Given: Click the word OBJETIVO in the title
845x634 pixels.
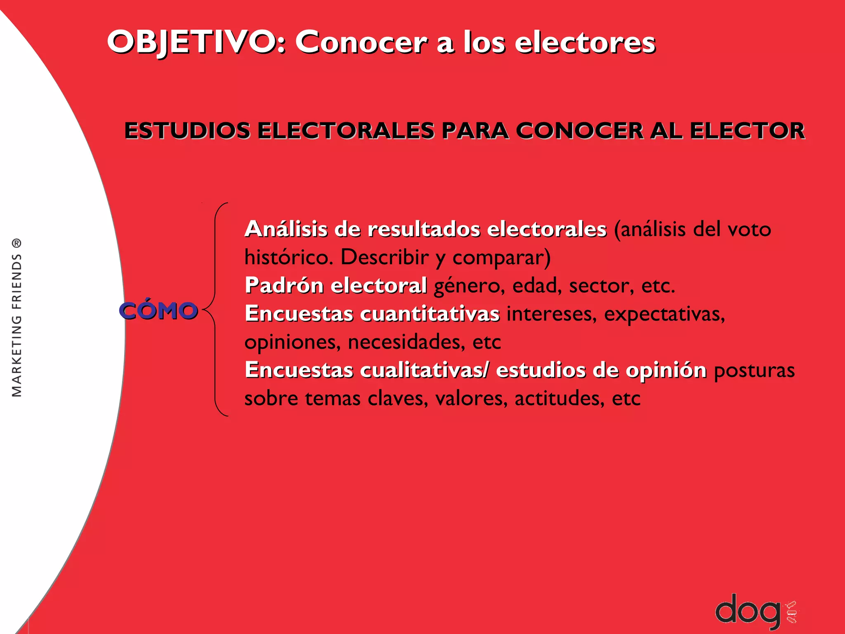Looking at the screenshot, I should point(192,42).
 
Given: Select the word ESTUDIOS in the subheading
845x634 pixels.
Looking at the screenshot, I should point(187,131).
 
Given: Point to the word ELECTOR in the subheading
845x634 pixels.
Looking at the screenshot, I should point(747,131).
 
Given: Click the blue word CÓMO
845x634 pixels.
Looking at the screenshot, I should point(158,311).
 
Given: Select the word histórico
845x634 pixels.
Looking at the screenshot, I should point(289,257).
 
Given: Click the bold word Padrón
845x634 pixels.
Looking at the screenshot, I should point(284,285).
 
